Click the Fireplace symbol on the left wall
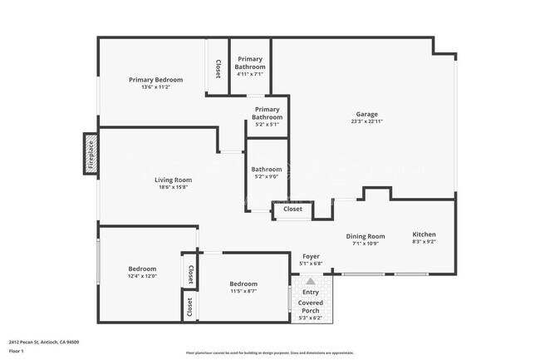91,154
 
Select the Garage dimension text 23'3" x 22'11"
368,121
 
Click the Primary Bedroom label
155,80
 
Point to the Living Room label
173,180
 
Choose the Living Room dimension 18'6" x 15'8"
173,187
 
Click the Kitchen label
424,235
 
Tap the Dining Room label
366,236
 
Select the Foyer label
311,257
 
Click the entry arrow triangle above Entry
311,282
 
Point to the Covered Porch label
311,307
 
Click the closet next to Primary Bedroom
218,69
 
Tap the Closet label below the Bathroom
292,210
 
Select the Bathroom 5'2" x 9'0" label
267,170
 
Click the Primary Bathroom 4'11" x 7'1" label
250,63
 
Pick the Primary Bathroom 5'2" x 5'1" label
267,113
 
